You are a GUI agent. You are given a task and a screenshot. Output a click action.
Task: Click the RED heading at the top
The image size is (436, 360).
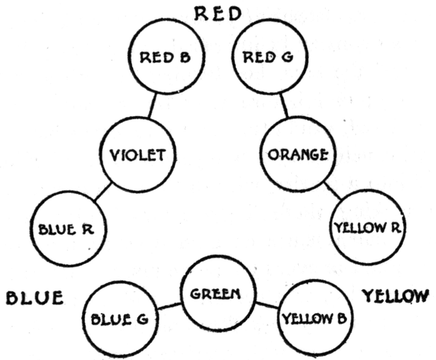(x=218, y=14)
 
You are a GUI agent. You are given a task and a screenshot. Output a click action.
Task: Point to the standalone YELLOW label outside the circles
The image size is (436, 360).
(x=395, y=296)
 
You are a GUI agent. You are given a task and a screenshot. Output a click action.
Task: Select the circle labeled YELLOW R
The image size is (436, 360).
(x=368, y=227)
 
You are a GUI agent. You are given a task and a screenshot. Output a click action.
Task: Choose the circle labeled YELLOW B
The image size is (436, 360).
(x=314, y=319)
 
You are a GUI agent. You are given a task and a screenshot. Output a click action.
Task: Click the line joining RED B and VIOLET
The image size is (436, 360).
(x=153, y=105)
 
